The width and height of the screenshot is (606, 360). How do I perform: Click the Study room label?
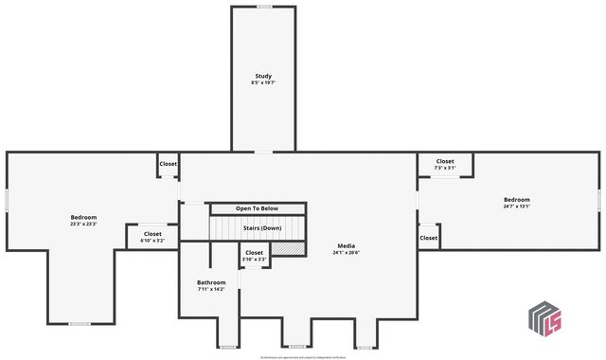pos(264,76)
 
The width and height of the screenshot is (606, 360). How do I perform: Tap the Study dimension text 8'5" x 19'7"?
pos(264,82)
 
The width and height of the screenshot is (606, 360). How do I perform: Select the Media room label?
pos(346,245)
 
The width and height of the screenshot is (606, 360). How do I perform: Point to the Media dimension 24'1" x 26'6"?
pos(346,253)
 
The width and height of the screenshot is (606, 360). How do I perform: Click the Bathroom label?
pos(211,282)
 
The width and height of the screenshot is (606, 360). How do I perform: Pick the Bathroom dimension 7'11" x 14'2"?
pos(211,289)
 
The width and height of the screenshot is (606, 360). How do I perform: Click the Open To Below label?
pos(258,208)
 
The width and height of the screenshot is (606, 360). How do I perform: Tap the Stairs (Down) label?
pos(262,228)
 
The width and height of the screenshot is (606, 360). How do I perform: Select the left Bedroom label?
pos(83,217)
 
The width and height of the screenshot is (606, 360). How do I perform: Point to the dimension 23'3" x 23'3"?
pos(83,225)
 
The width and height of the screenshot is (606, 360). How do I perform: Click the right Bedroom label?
pos(516,199)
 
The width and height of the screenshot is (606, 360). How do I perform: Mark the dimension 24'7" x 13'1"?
pos(516,207)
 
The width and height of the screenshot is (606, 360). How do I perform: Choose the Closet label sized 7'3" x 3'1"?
pos(445,162)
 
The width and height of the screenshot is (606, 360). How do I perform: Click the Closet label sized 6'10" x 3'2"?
pos(152,234)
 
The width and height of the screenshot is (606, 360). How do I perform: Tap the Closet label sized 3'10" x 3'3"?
pos(255,253)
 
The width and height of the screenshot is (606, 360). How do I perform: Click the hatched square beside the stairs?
pos(295,247)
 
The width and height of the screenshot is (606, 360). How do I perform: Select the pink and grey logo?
pos(544,320)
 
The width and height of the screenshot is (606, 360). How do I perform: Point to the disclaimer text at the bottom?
pos(303,357)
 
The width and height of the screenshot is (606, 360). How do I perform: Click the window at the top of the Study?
pos(264,7)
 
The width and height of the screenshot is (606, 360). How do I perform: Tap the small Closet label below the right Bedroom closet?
pos(429,238)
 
